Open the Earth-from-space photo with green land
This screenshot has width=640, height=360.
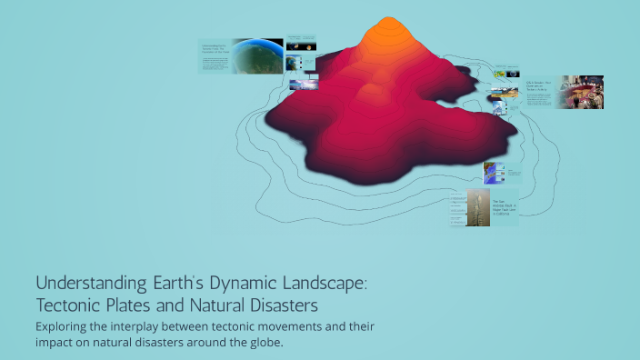pos(258,55)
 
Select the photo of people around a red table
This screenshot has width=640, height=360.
pos(580,92)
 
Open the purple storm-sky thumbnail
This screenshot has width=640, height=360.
pos(304,85)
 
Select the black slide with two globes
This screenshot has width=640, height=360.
pos(302,44)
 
